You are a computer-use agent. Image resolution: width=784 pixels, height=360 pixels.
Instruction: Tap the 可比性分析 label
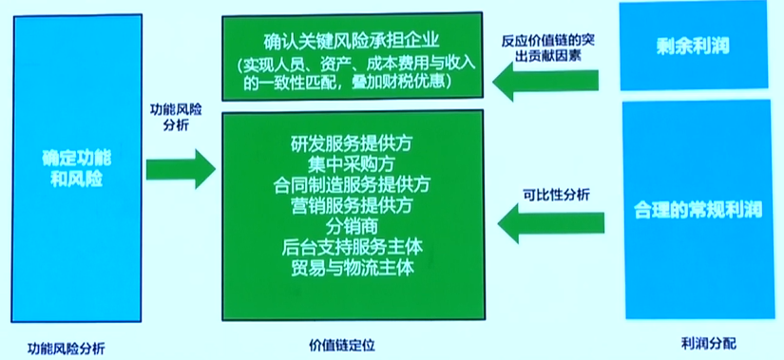click(556, 196)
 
